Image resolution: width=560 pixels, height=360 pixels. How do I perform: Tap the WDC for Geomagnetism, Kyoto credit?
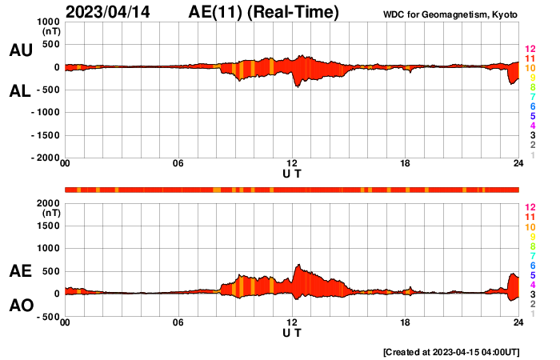[451, 14]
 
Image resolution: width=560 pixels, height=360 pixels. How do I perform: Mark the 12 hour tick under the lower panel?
[292, 322]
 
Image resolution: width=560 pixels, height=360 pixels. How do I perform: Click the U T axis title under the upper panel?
[292, 174]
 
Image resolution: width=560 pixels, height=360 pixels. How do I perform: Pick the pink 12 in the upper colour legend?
[530, 50]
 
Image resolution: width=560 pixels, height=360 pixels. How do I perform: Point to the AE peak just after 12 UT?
[298, 266]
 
